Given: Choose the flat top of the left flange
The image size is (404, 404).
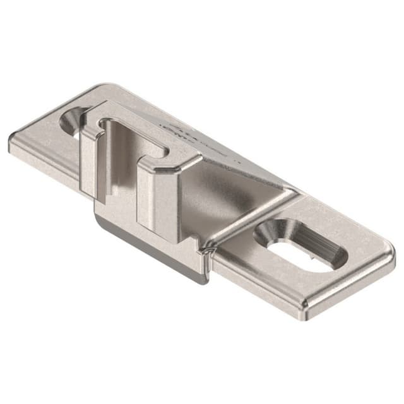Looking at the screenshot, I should (44, 136).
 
